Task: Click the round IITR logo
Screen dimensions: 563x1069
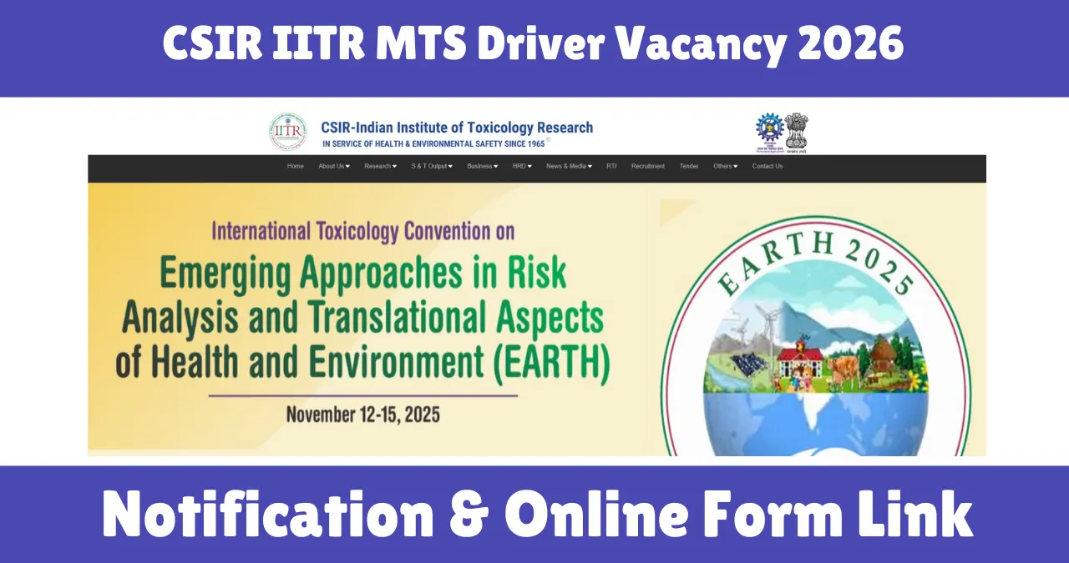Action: (x=287, y=132)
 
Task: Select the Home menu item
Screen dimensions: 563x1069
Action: (x=296, y=166)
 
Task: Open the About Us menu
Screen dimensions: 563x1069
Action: (x=333, y=166)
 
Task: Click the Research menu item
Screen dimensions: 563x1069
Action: (x=380, y=166)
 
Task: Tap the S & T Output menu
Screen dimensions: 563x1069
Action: (x=431, y=166)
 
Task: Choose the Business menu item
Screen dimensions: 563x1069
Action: (x=482, y=166)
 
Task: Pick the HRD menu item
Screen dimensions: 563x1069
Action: (x=522, y=166)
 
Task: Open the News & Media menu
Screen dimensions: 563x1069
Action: (x=569, y=166)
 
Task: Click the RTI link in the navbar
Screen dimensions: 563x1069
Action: (x=611, y=166)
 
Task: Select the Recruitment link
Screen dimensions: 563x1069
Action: (x=648, y=166)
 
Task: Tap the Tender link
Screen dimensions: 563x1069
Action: (x=689, y=166)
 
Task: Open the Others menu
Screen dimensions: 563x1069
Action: (x=725, y=166)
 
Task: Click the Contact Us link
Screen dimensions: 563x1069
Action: (x=768, y=166)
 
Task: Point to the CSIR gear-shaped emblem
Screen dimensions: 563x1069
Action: (x=769, y=129)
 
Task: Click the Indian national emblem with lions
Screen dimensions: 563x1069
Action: (x=796, y=130)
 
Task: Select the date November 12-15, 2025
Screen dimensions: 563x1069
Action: (x=362, y=414)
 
